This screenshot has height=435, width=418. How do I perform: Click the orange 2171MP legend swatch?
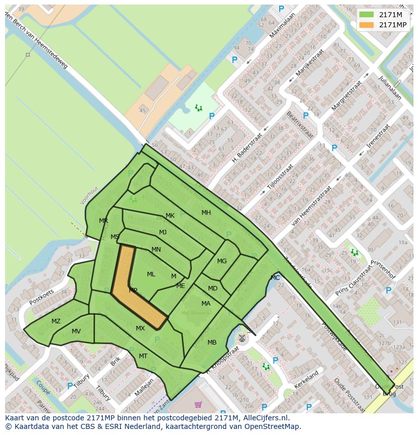pos(367,25)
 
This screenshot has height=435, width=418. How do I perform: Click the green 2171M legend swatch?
pos(367,15)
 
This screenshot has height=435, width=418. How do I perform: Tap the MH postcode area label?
pos(206,213)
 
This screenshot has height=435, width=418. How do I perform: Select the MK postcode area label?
pos(170,216)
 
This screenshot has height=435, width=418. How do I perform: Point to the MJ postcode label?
pos(163,232)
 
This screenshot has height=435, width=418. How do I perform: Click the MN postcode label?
pos(156,250)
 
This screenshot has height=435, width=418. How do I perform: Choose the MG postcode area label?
pos(222,261)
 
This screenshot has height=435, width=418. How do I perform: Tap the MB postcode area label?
pos(212,343)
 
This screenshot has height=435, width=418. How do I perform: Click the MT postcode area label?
pos(143,356)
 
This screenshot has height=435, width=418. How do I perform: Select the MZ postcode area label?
pos(56,321)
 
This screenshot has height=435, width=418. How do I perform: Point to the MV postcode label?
pos(76,331)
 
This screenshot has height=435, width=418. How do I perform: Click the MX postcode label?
pos(140,328)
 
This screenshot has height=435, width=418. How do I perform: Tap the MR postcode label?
pos(103,221)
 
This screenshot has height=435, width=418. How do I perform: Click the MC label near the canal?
pos(275,278)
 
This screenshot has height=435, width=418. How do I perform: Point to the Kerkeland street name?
pos(306,382)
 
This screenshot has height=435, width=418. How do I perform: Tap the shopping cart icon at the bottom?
pos(198,404)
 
